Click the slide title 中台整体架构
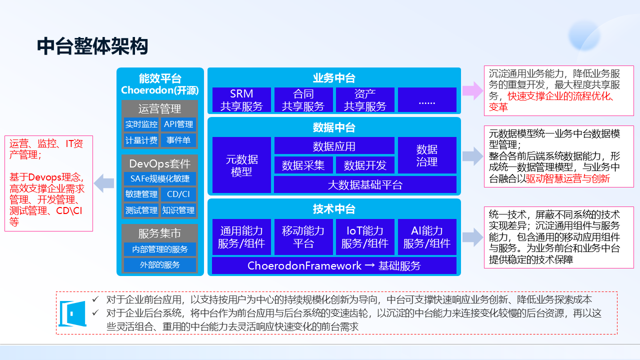(x=92, y=46)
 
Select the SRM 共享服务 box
(x=241, y=99)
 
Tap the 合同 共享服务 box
(x=303, y=99)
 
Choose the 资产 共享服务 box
(x=365, y=99)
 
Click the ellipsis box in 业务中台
(x=427, y=99)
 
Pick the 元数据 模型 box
(x=241, y=165)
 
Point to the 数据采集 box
(x=303, y=165)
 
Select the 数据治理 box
(x=427, y=155)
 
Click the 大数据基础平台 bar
(x=365, y=184)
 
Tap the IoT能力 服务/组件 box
(x=365, y=237)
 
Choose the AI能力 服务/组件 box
(x=427, y=237)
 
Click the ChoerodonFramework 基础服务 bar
(x=334, y=265)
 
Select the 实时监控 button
(x=141, y=124)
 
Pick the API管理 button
(x=178, y=124)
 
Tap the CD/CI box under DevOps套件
(x=178, y=194)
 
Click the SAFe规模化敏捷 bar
(x=160, y=178)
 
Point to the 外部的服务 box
(x=160, y=264)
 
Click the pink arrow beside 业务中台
(x=472, y=90)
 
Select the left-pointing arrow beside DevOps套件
(x=105, y=182)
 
